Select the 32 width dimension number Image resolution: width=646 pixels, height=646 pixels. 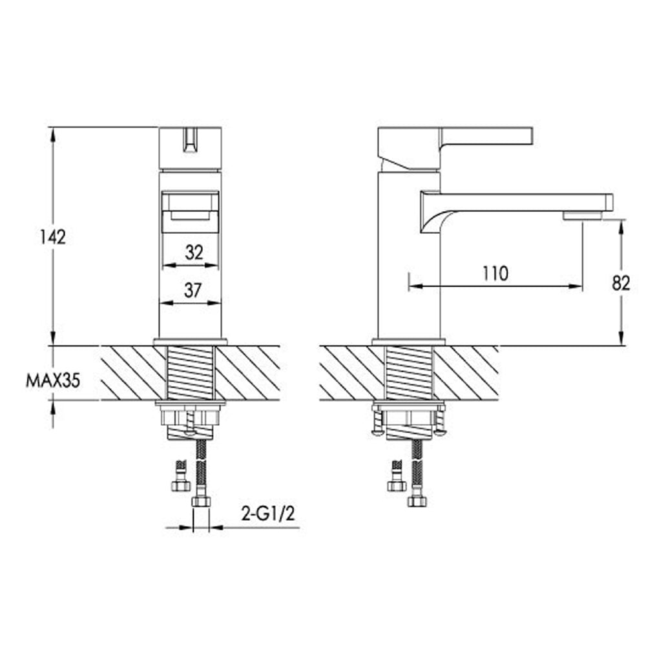(193, 253)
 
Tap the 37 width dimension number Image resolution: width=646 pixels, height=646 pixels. (193, 291)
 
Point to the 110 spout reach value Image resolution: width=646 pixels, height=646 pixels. (494, 273)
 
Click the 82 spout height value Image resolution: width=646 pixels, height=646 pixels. (621, 283)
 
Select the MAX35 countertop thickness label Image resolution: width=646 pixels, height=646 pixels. (53, 381)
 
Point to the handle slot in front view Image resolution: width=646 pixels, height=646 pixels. (190, 141)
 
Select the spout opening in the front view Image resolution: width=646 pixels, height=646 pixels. (190, 211)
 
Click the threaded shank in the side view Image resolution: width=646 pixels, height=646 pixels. (408, 373)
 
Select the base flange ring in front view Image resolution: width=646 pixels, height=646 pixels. (190, 342)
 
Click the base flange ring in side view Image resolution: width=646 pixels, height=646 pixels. (408, 342)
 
